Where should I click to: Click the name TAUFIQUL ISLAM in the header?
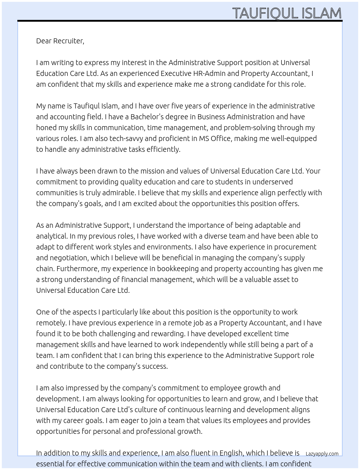coord(287,13)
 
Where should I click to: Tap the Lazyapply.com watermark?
coord(322,454)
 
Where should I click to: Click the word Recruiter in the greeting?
coord(68,41)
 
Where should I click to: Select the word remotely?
coord(51,323)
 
